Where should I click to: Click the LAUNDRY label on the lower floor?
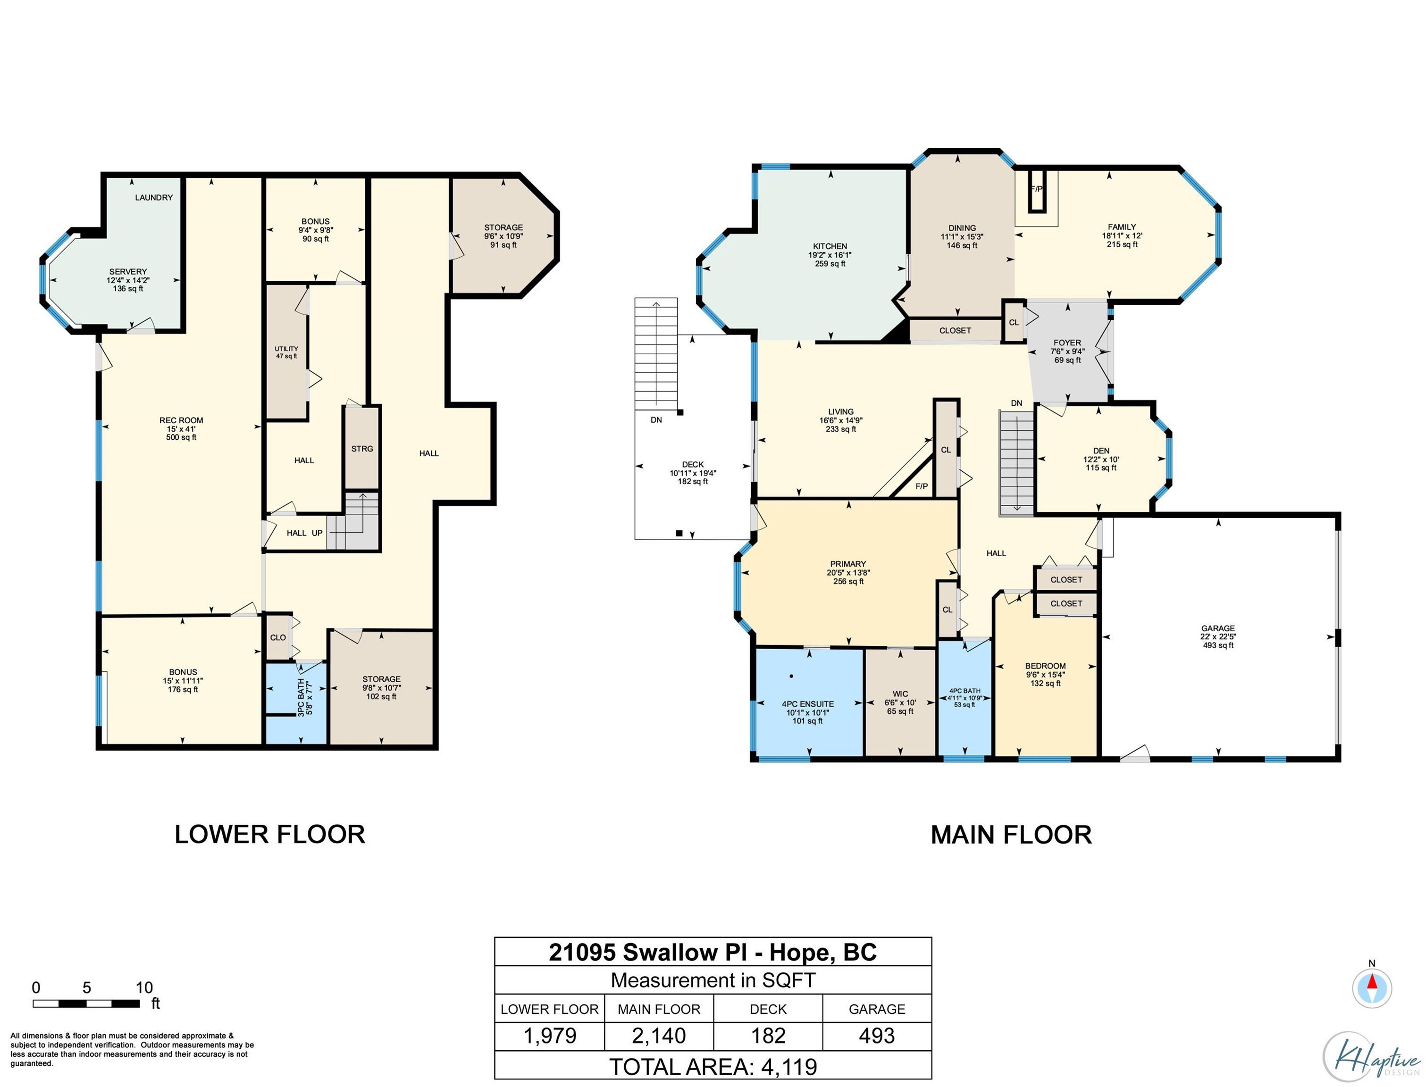pyautogui.click(x=154, y=197)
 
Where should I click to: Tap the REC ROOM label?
pyautogui.click(x=181, y=420)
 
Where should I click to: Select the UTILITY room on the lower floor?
pyautogui.click(x=286, y=352)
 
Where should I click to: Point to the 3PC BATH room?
pyautogui.click(x=296, y=702)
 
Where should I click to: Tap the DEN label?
pyautogui.click(x=1101, y=451)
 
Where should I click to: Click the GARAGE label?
pyautogui.click(x=1218, y=628)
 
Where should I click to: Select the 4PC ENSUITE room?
pyautogui.click(x=809, y=702)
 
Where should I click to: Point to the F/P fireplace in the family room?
pyautogui.click(x=1037, y=191)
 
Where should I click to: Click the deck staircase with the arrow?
pyautogui.click(x=656, y=353)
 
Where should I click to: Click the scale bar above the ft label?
pyautogui.click(x=86, y=1004)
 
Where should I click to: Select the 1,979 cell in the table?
pyautogui.click(x=549, y=1036)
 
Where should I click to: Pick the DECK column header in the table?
pyautogui.click(x=768, y=1009)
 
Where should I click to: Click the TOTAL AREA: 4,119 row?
pyautogui.click(x=713, y=1066)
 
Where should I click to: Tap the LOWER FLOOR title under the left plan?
pyautogui.click(x=270, y=835)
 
